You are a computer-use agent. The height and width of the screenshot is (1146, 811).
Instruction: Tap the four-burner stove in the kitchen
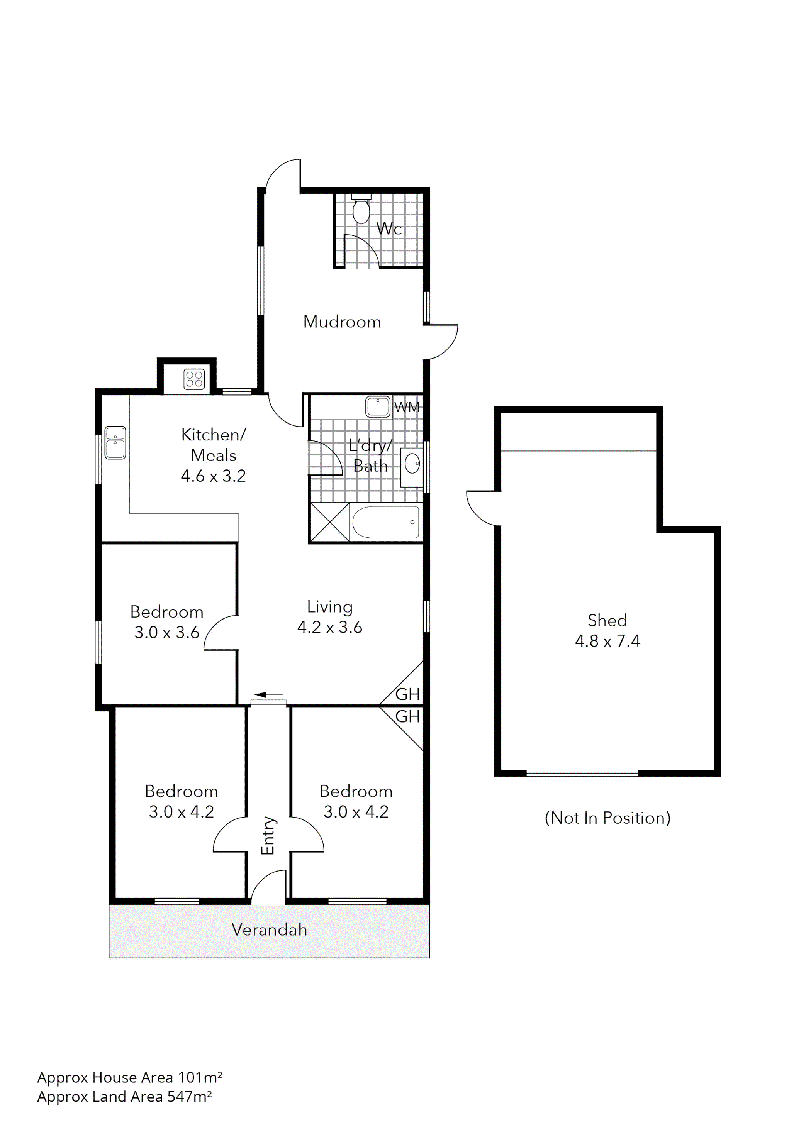pos(194,378)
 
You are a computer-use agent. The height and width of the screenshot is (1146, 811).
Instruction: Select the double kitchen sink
pos(115,442)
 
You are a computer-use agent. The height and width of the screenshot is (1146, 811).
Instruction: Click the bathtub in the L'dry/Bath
pos(385,522)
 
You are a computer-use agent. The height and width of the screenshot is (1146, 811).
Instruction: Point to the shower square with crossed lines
pos(329,522)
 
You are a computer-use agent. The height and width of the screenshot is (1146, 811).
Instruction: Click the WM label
pos(407,407)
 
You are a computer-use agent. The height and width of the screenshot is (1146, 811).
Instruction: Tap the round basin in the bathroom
pos(412,464)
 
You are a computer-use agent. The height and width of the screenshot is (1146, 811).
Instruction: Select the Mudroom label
pos(342,322)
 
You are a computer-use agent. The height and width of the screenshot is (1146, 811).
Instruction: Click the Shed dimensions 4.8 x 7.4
pos(607,641)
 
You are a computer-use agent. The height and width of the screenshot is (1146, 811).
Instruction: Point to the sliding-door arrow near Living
pos(269,694)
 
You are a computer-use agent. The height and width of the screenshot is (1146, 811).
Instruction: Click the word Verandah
pos(269,929)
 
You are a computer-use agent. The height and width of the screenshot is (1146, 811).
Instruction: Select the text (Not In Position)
pos(607,818)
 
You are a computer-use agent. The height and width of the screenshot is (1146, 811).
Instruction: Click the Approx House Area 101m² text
pos(129,1077)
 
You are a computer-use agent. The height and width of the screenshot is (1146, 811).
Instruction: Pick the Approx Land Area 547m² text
pos(124,1096)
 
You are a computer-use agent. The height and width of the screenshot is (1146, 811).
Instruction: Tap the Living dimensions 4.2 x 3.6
pos(329,627)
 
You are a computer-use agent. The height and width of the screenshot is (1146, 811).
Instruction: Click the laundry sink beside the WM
pos(378,406)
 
